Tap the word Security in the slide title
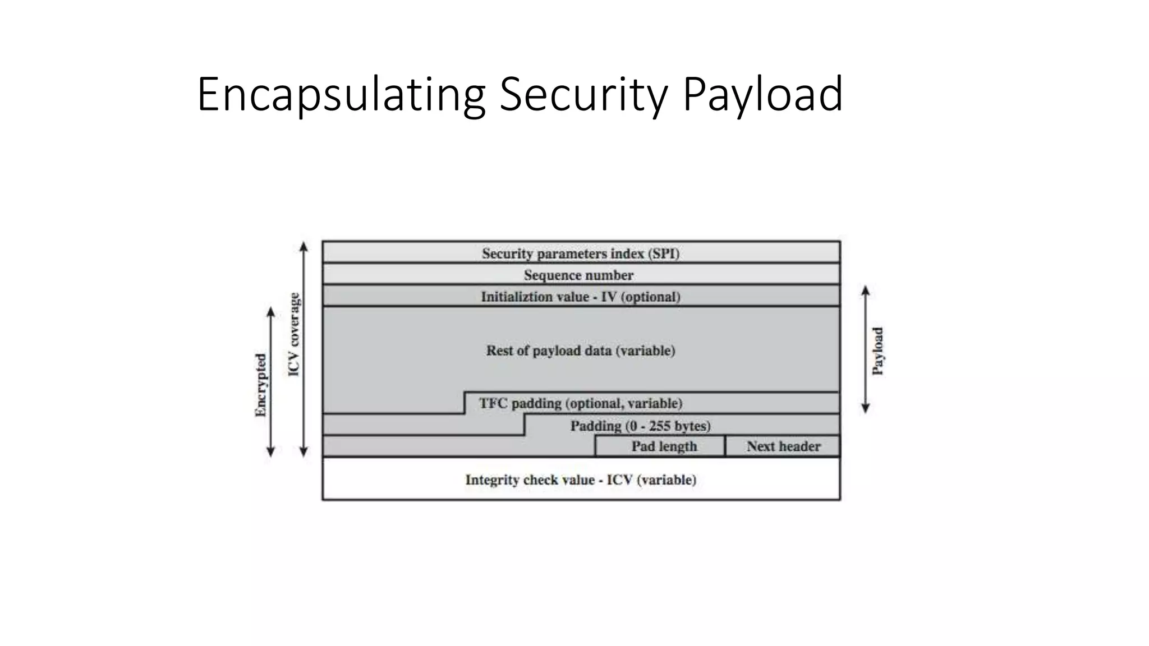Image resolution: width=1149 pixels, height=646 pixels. tap(583, 94)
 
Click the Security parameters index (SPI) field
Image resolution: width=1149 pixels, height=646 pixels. tap(581, 253)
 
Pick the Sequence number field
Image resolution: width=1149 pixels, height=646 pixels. tap(579, 275)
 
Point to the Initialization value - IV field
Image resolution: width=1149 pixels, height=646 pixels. tap(581, 297)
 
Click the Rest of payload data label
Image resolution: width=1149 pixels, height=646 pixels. tap(581, 350)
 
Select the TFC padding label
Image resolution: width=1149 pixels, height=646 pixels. tap(581, 403)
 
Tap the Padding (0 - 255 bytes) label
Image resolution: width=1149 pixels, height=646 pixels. tap(640, 426)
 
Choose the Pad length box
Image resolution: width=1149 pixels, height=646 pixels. tap(664, 446)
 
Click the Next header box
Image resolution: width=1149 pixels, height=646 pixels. tap(783, 446)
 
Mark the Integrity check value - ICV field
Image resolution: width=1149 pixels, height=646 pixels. tap(581, 479)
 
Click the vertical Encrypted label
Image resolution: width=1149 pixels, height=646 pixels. tap(261, 385)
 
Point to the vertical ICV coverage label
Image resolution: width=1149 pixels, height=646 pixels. tap(294, 334)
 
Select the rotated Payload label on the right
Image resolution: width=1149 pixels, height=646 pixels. tap(877, 350)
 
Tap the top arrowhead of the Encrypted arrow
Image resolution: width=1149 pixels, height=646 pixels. tap(270, 311)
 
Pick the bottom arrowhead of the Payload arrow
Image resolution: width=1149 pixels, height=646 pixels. tap(865, 409)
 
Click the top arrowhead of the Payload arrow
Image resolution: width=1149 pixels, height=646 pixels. tap(865, 290)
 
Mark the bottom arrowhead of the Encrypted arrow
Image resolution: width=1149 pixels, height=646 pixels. tap(270, 452)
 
